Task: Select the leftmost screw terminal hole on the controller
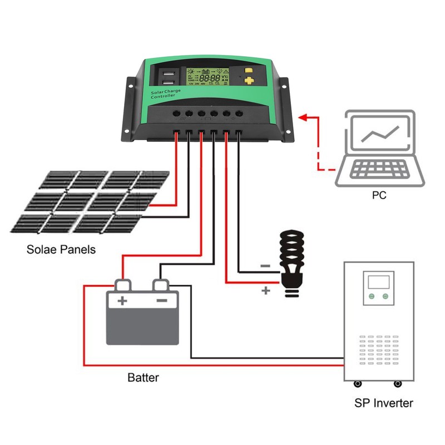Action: [x=176, y=113]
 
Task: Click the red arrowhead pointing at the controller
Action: [x=303, y=117]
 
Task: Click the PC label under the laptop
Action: [x=379, y=196]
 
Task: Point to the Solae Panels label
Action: [x=61, y=250]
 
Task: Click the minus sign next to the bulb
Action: [x=265, y=266]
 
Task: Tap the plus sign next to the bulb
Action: [x=265, y=290]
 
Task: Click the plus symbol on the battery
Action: [x=122, y=301]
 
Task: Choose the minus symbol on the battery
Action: [x=161, y=301]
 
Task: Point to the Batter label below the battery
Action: [x=143, y=378]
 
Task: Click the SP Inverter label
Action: [x=384, y=403]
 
